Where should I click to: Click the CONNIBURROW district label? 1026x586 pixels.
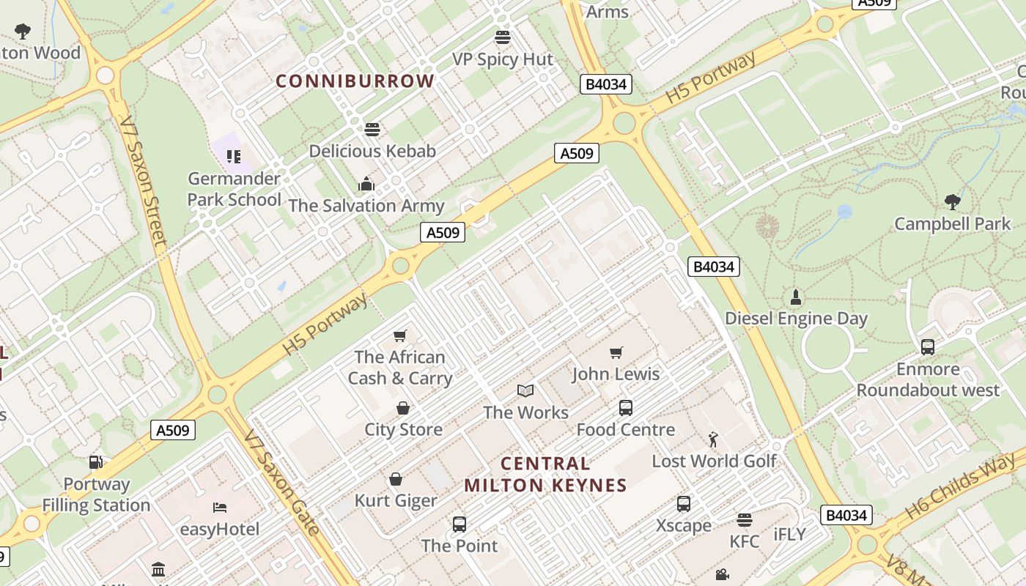click(x=355, y=81)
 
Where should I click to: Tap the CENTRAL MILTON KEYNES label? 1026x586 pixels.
click(x=545, y=474)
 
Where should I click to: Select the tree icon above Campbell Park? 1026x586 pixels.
click(x=952, y=201)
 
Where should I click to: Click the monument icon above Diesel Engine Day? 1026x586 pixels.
click(x=796, y=297)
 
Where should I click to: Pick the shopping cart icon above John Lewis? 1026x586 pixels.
click(x=616, y=353)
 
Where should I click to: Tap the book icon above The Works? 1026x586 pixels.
click(x=525, y=390)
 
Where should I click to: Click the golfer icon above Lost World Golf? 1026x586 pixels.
click(x=713, y=439)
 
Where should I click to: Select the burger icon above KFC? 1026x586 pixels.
click(x=745, y=520)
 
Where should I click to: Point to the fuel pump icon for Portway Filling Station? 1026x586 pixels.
click(x=95, y=462)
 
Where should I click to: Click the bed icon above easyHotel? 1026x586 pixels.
click(x=220, y=508)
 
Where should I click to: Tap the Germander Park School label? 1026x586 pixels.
click(x=234, y=189)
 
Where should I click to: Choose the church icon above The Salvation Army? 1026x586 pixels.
click(x=366, y=184)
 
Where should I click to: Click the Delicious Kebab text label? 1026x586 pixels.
click(x=372, y=151)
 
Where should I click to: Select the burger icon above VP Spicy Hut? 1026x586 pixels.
click(x=503, y=37)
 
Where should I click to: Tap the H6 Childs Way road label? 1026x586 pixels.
click(x=960, y=486)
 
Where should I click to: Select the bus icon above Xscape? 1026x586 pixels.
click(x=684, y=504)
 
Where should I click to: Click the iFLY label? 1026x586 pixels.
click(x=789, y=535)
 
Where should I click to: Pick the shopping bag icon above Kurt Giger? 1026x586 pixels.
click(x=396, y=479)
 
